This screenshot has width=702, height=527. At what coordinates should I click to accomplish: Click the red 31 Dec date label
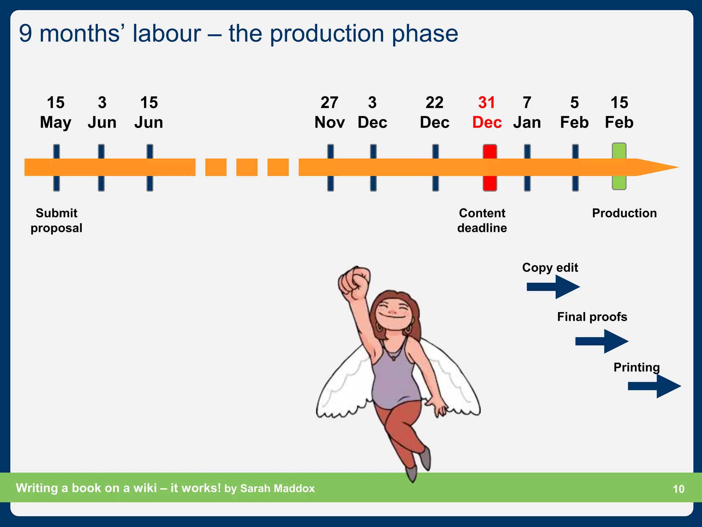487,113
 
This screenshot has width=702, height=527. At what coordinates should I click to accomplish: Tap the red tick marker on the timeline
490,167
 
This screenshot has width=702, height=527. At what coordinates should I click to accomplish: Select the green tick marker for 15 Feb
619,166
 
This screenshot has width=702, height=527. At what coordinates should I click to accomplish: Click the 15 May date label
56,113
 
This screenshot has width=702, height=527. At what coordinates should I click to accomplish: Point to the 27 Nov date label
329,113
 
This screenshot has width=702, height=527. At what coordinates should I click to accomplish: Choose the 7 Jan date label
527,113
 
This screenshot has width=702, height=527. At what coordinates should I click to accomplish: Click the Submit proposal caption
57,220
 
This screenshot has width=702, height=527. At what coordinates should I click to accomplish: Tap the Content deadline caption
482,220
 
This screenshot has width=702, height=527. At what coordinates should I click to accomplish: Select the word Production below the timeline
624,213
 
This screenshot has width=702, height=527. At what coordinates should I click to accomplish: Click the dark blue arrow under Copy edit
553,286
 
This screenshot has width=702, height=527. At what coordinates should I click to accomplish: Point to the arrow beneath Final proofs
602,341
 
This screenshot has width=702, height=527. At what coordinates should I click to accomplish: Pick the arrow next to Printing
654,386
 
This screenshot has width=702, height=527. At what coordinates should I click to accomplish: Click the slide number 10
678,489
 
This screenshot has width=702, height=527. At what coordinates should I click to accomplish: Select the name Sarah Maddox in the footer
277,488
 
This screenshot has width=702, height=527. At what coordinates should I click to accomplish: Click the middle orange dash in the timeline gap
247,167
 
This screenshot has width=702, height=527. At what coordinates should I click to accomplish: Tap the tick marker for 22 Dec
435,167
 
